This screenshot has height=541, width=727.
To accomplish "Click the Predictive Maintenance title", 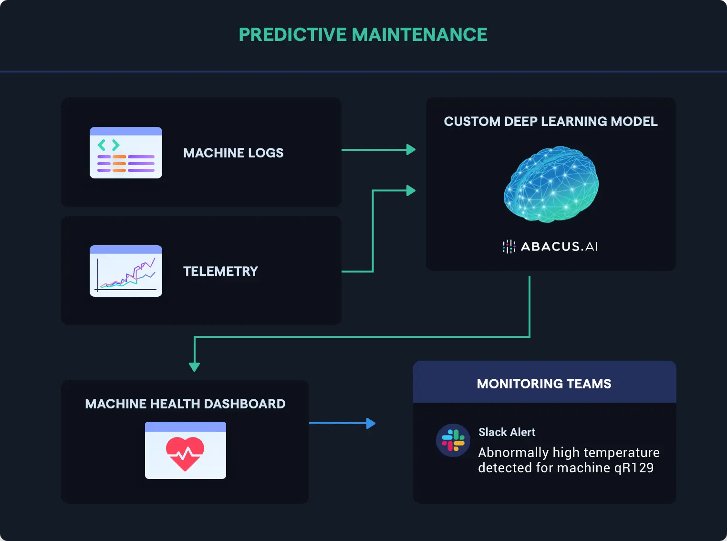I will (363, 35).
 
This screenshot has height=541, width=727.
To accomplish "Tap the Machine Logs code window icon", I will (126, 153).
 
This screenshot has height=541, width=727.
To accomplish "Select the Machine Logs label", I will (233, 153).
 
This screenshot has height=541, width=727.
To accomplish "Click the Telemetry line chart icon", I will (126, 271).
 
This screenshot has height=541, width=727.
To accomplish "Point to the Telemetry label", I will (220, 271).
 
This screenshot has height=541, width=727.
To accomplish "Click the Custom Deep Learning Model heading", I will (550, 122).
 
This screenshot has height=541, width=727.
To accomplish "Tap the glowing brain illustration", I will (551, 184).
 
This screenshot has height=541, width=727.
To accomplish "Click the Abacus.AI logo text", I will (559, 247).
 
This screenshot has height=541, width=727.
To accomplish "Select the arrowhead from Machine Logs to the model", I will (411, 150).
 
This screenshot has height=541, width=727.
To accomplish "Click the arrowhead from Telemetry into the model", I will (411, 191).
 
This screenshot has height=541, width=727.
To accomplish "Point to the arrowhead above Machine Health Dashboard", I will (194, 366).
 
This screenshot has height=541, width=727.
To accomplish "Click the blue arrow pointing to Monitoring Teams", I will (370, 423).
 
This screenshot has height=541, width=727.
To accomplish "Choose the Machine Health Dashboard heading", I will (185, 404).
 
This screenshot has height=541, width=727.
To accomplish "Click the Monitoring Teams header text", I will (544, 384).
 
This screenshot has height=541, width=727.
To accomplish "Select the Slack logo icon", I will (453, 440).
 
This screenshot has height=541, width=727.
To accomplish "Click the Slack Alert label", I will (507, 432).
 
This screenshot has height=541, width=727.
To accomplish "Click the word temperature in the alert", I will (624, 452).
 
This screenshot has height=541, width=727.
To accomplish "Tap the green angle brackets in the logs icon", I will (108, 145).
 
